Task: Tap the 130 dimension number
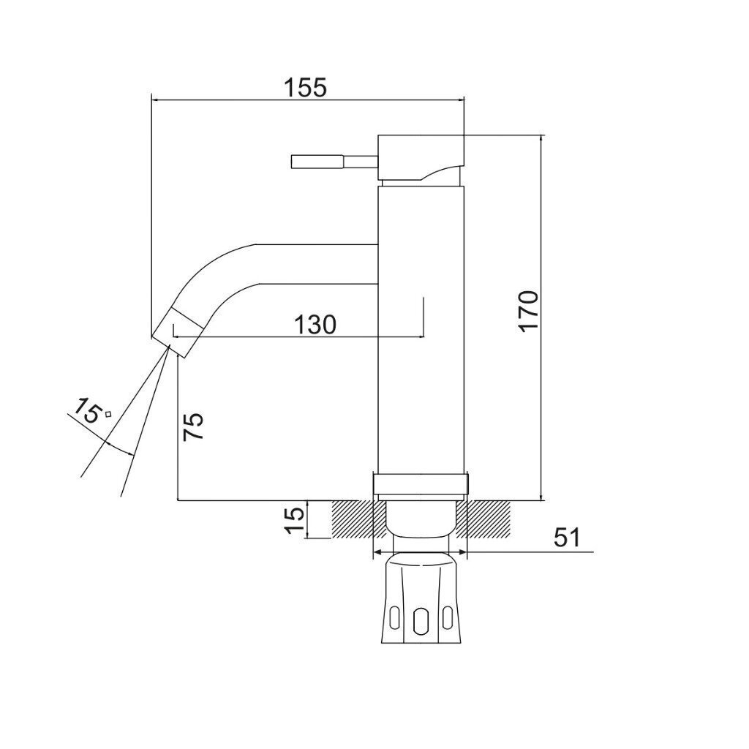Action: pyautogui.click(x=315, y=325)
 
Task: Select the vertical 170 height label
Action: pyautogui.click(x=530, y=310)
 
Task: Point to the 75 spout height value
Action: pyautogui.click(x=192, y=426)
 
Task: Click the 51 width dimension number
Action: pyautogui.click(x=567, y=538)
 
